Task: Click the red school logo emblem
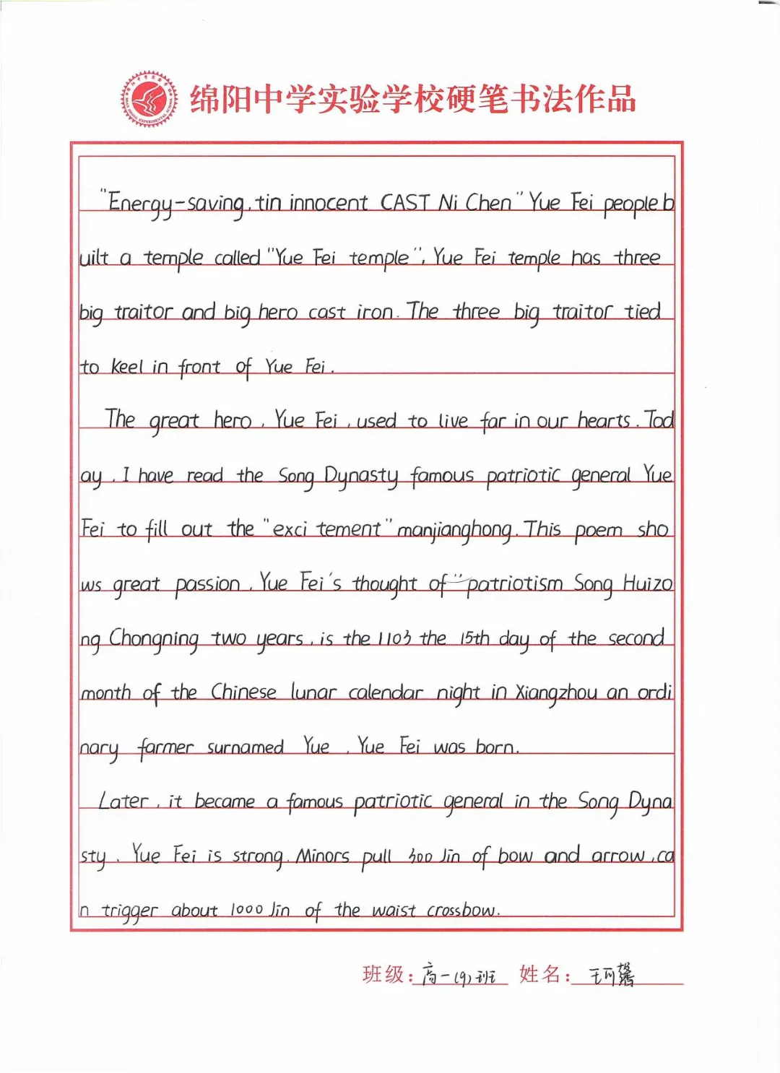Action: pos(149,99)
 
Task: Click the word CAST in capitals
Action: pos(405,202)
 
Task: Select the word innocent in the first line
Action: pos(328,203)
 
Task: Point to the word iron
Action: pos(374,312)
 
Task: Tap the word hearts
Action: pos(604,421)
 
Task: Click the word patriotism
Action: pos(514,583)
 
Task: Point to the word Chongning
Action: pos(154,639)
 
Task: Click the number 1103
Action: pos(394,638)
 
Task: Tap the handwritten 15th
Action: pos(474,638)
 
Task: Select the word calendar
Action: pos(385,693)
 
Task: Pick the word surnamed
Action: pos(245,747)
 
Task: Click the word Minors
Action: pos(322,856)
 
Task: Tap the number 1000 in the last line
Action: pos(246,910)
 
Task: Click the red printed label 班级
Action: pos(383,974)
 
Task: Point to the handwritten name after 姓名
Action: pos(611,976)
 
